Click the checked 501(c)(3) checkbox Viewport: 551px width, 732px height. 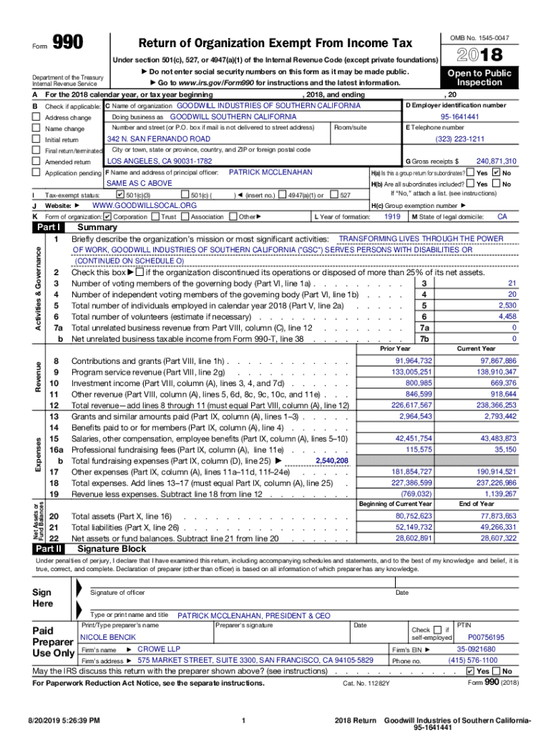[x=120, y=194]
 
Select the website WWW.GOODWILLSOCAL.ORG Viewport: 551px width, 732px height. [x=145, y=205]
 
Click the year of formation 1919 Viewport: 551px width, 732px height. [x=392, y=216]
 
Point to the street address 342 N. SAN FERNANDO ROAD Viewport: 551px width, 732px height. [x=158, y=139]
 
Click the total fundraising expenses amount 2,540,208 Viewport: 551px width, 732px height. [x=332, y=461]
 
